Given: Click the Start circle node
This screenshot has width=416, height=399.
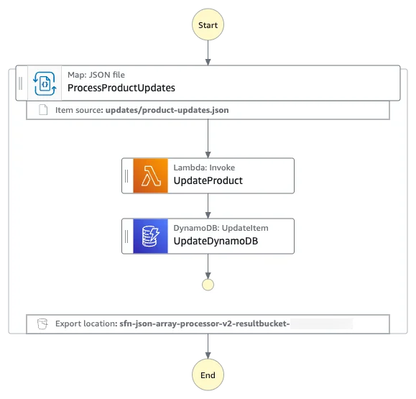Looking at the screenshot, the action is [x=208, y=24].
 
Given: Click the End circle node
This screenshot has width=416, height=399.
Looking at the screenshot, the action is [x=208, y=375].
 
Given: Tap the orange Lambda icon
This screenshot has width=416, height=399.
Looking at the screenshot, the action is [x=150, y=175].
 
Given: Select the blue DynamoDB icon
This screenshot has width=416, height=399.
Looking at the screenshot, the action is [x=150, y=237].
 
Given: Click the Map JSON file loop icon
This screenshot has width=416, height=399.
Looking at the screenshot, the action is [x=45, y=83].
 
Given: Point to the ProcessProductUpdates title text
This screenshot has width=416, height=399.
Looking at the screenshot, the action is [x=121, y=88].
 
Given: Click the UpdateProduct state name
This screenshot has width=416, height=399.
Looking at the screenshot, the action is [x=208, y=180].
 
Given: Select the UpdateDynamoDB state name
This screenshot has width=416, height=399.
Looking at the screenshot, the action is [x=216, y=241].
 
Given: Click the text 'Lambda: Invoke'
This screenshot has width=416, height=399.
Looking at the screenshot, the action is [x=204, y=168].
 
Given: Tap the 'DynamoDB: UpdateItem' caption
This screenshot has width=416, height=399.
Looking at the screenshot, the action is [x=221, y=228].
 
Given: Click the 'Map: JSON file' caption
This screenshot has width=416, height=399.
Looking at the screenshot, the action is [x=96, y=75].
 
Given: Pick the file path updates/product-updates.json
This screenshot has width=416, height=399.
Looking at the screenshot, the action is [x=167, y=110].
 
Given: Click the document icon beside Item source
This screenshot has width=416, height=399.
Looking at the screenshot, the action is [x=43, y=110].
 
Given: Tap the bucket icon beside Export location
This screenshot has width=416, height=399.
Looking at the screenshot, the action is [x=42, y=324].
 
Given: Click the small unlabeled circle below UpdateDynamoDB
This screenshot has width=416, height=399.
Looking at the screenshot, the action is [x=208, y=285].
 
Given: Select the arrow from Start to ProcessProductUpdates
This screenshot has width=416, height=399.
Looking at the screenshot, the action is [x=208, y=52].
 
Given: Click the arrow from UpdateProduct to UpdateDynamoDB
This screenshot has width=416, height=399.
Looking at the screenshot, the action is [x=208, y=206].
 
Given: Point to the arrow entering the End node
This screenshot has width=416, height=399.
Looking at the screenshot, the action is [x=208, y=347].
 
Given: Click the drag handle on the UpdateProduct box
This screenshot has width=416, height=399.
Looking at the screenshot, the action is [x=126, y=175].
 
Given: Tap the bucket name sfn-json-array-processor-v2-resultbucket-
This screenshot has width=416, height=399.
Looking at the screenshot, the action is [x=205, y=324].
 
